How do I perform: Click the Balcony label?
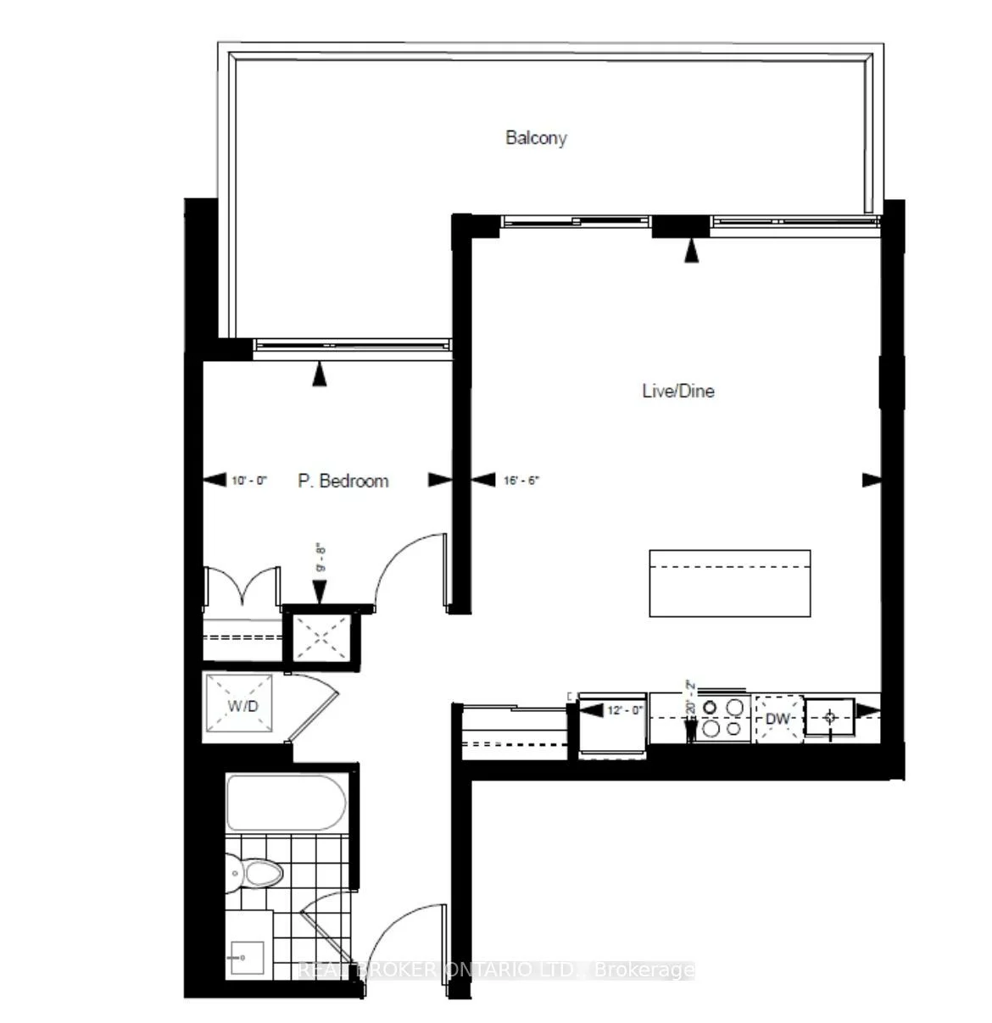tap(536, 137)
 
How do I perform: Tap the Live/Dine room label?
tap(677, 391)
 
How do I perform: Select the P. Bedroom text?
tap(343, 481)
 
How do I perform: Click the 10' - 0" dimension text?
tap(249, 481)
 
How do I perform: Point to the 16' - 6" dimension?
tap(521, 481)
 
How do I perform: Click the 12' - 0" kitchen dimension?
tap(626, 710)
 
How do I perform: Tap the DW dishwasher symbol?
tap(777, 719)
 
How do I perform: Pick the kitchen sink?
tap(830, 718)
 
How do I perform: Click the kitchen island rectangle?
tap(729, 583)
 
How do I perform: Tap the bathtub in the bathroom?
tap(286, 803)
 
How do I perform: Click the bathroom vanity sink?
tap(245, 958)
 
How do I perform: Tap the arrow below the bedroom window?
tap(319, 375)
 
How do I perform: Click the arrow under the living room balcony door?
tap(693, 250)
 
